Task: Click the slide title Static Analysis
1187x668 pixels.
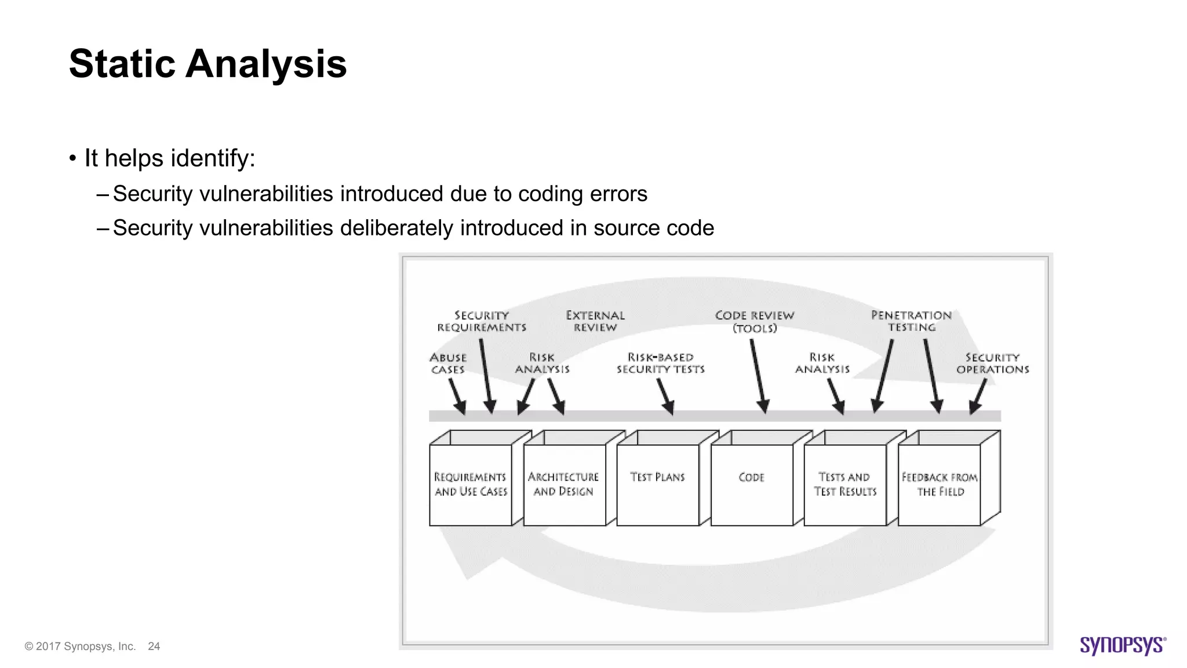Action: (207, 64)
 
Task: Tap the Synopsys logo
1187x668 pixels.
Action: (1122, 645)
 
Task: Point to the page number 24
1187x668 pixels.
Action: (154, 646)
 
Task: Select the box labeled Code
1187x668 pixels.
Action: (751, 484)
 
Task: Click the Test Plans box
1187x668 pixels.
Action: (657, 484)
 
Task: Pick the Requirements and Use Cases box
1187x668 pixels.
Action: (470, 484)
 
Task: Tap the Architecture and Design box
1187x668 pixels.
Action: (563, 484)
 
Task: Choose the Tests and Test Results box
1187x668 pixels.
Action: (844, 484)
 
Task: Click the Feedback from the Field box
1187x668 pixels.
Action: (939, 484)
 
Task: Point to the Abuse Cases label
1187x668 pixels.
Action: (448, 364)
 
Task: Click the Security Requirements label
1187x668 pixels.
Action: (482, 321)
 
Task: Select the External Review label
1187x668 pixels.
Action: (595, 321)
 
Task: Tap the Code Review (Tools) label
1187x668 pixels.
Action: (754, 322)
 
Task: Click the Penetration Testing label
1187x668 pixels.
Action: (911, 321)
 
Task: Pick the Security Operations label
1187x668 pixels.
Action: (992, 364)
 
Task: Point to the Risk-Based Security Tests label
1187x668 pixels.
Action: (660, 364)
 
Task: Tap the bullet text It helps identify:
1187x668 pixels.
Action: (170, 158)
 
